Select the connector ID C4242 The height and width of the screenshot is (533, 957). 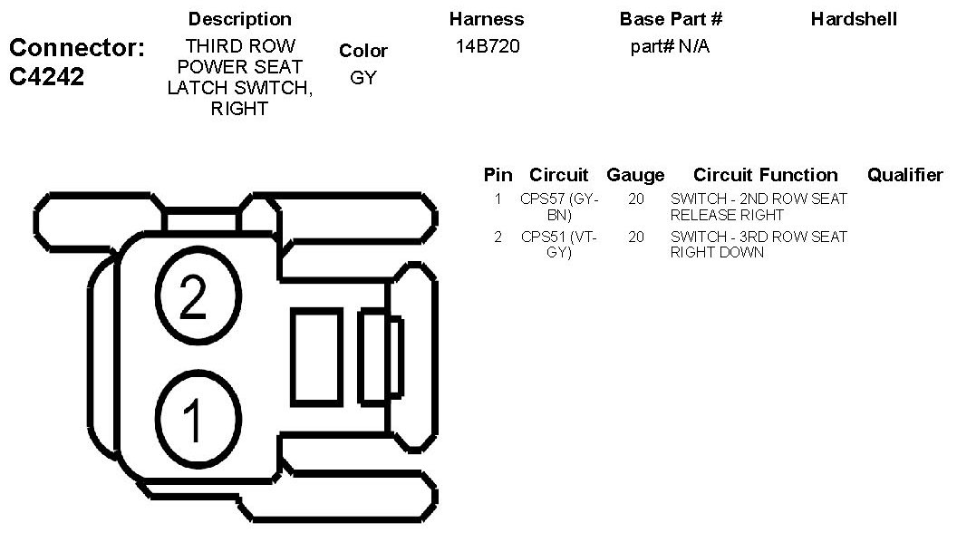pos(47,77)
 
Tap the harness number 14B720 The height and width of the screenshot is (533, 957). pos(488,46)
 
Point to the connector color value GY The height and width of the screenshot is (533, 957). pos(362,78)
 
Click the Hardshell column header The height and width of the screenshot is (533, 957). pos(854,19)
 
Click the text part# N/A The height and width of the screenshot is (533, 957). pos(671,46)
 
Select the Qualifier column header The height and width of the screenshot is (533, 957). pos(904,175)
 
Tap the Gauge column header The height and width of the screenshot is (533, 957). pos(635,175)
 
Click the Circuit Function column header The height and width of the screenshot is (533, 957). pos(766,175)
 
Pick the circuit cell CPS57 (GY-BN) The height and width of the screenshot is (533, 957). pos(559,207)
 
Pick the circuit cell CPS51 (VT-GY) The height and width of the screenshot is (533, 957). pos(559,245)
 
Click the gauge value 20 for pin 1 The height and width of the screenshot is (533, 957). pos(635,199)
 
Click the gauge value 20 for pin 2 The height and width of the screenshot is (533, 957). pos(635,237)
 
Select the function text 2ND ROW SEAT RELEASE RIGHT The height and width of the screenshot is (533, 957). pos(759,207)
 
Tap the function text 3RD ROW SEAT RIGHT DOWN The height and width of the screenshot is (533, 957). pos(759,245)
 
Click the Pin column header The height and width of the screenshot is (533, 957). pos(498,175)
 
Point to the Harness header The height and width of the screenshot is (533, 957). pos(487,19)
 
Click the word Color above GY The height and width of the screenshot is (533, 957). pos(362,51)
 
